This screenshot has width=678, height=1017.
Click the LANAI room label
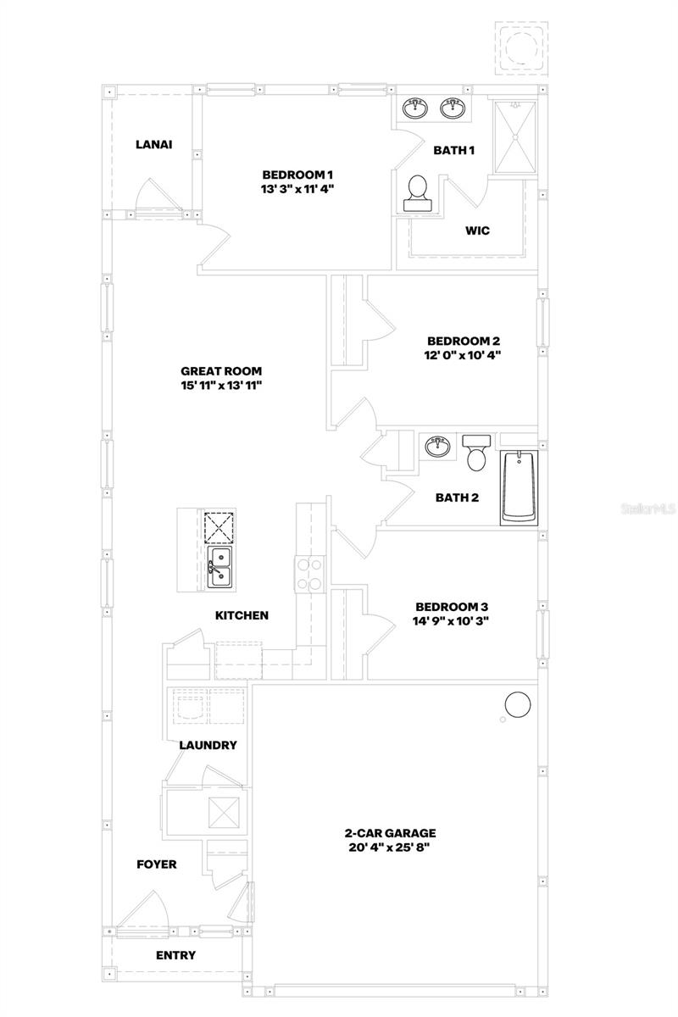pos(153,144)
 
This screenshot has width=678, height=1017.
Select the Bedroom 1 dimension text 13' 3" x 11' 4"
pos(297,189)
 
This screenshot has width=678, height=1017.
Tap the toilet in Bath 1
pos(417,194)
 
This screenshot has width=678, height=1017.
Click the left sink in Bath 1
pos(415,108)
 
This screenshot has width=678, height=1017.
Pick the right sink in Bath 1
pos(453,108)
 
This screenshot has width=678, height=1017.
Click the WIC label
pos(477,231)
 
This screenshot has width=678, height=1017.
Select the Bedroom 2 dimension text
pos(464,355)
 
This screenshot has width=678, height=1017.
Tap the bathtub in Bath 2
pos(518,488)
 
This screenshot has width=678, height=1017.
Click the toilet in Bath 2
pos(475,453)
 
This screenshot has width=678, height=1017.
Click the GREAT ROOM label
pos(221,370)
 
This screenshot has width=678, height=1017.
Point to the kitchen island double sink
pos(220,566)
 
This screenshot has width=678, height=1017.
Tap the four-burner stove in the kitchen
pos(308,574)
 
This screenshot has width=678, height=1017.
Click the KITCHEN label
pos(242,615)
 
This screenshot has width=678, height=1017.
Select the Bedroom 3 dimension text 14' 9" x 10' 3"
pos(452,620)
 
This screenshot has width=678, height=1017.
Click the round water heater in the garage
pos(518,703)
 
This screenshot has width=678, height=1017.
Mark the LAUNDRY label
pos(208,745)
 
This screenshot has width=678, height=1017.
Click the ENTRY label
pos(175,955)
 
